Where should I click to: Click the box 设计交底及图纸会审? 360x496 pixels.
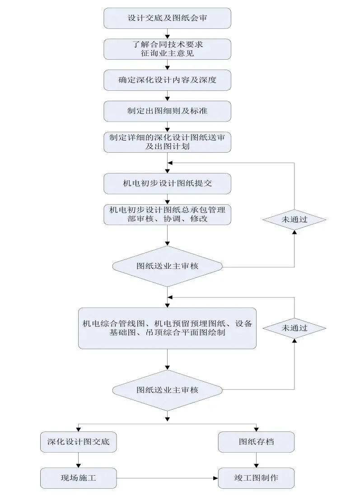tap(168, 19)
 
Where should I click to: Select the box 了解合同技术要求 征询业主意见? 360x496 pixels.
tap(168, 49)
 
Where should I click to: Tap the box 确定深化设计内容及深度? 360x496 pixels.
tap(168, 80)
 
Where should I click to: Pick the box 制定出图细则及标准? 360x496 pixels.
tap(168, 111)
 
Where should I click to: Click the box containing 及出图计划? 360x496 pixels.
tap(168, 141)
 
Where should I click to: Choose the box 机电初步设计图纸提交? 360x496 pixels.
tap(168, 183)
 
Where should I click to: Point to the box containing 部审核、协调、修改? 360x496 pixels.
tap(168, 214)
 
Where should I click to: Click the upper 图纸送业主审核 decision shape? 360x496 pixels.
tap(168, 266)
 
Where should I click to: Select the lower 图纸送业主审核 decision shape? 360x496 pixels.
tap(168, 390)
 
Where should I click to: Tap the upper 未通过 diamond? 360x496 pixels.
tap(295, 220)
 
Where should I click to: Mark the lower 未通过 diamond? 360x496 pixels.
tap(295, 328)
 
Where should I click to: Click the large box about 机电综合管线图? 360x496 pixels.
tap(168, 328)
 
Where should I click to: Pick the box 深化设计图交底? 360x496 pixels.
tap(78, 442)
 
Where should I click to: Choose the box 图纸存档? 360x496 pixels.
tap(257, 442)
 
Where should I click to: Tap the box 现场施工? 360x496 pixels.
tap(78, 477)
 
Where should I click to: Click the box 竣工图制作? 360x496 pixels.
tap(257, 477)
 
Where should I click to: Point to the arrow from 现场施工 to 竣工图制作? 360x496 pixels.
tap(167, 477)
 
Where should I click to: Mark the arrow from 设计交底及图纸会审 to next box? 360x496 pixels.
tap(168, 33)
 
